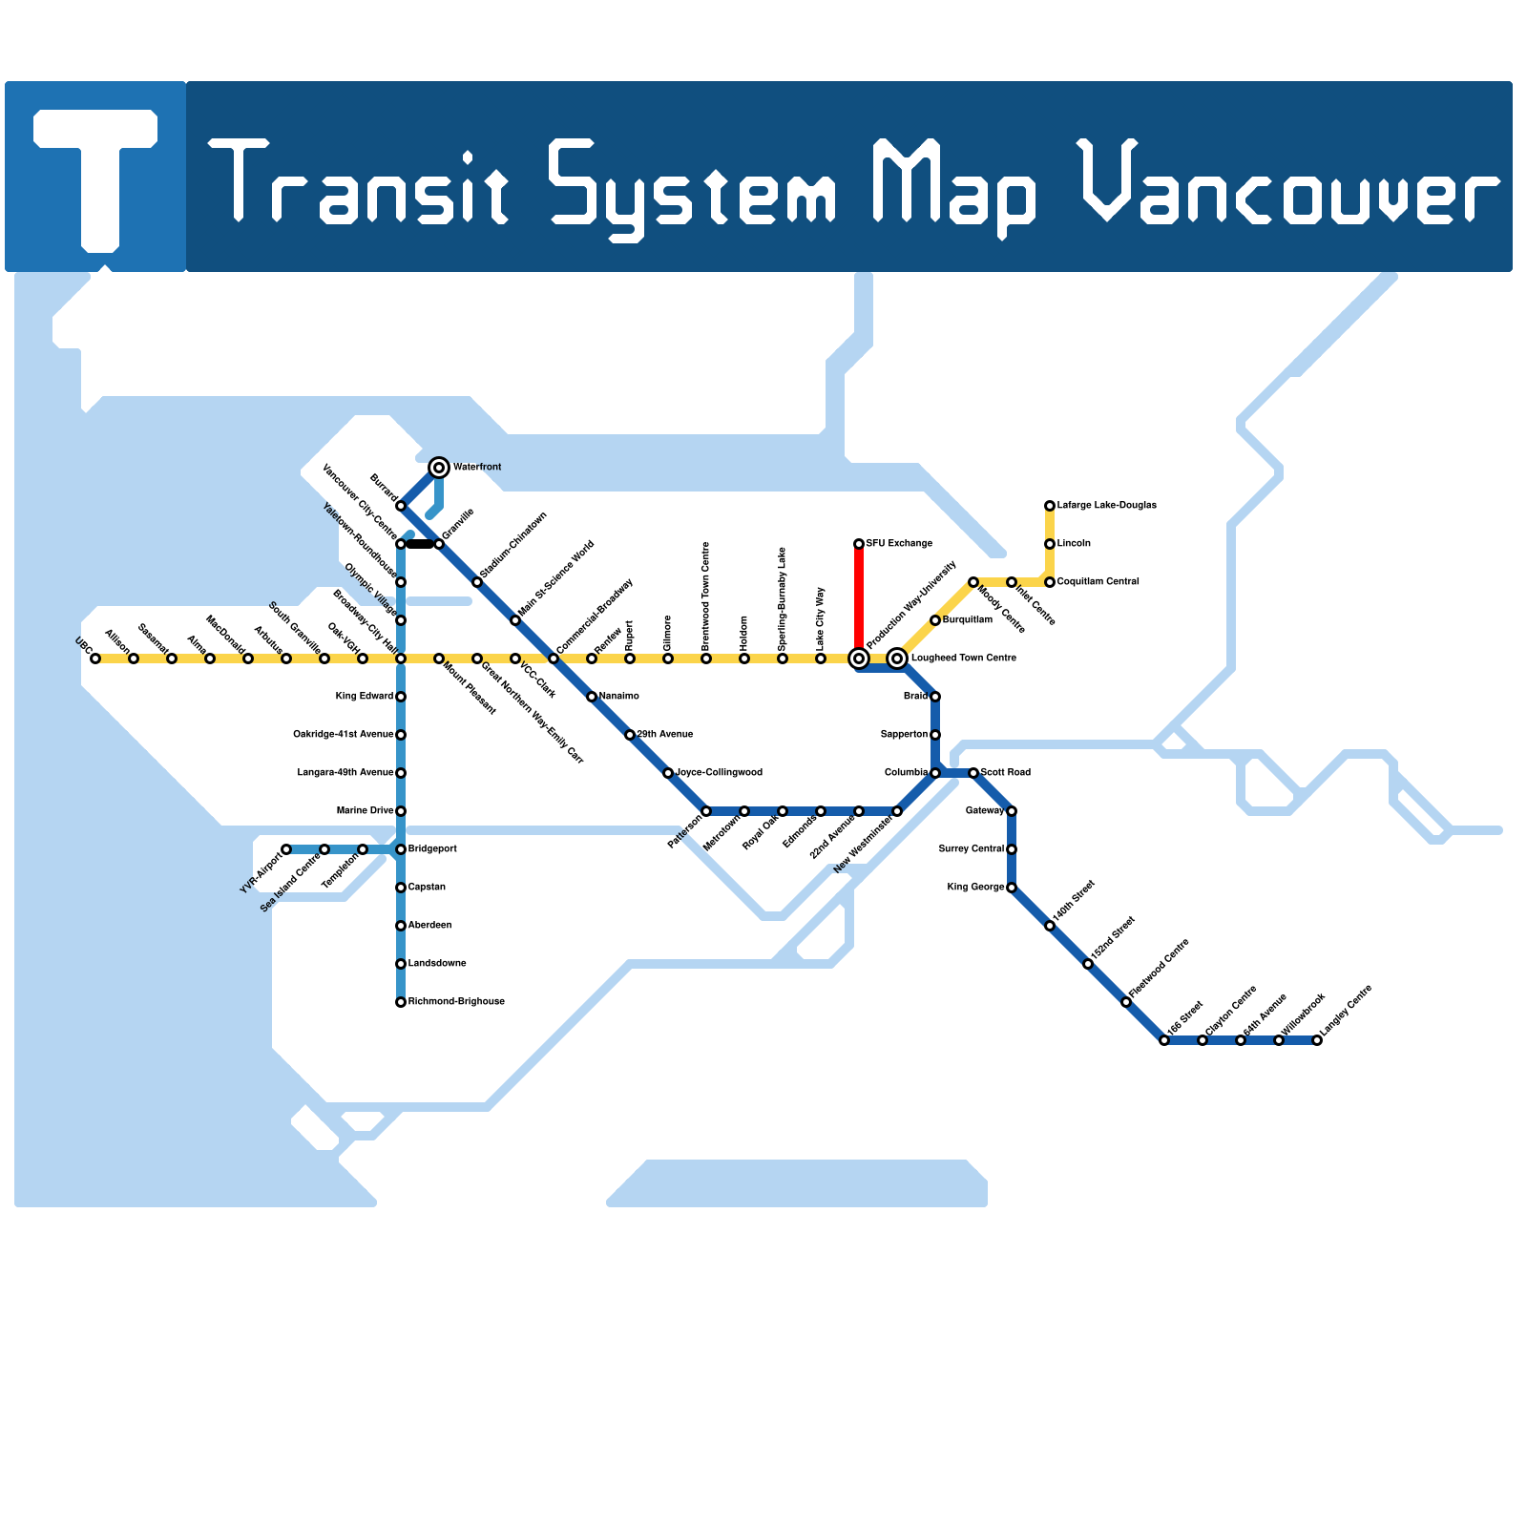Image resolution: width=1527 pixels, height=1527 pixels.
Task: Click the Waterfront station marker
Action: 439,468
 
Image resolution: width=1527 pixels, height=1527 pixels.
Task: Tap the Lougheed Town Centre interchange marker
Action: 897,659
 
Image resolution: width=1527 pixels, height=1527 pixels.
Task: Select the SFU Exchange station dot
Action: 859,544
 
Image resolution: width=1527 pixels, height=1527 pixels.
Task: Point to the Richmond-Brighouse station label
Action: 456,1002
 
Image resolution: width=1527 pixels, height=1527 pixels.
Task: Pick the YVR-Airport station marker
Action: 286,849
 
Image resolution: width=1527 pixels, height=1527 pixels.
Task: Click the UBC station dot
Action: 95,659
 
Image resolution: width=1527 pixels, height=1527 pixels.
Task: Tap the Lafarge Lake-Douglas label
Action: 1106,506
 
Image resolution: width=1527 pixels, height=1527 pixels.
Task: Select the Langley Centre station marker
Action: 1317,1040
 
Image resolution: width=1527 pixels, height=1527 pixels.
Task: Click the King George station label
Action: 975,888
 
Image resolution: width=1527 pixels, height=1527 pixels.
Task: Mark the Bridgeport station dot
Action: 401,849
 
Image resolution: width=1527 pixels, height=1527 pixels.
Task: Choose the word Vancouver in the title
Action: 1288,186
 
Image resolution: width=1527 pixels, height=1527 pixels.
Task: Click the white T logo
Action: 95,177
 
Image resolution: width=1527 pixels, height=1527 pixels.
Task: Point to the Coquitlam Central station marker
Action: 1050,582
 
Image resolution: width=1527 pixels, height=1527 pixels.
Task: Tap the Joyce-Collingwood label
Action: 719,773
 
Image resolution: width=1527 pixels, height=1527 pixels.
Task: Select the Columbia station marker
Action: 935,773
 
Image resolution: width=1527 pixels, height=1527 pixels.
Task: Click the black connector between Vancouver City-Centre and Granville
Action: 420,544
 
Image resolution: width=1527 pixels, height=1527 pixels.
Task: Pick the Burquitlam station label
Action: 968,620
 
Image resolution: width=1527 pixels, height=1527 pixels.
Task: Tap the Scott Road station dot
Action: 973,773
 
